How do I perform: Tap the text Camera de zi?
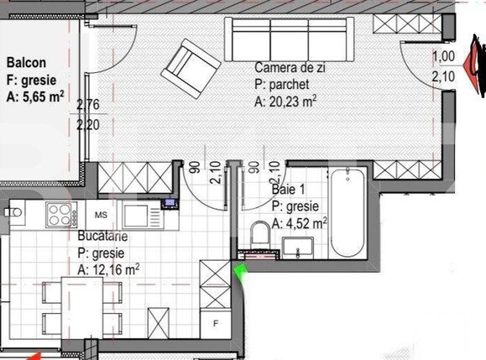tap(291, 66)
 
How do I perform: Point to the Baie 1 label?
tap(287, 190)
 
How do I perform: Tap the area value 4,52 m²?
tap(306, 223)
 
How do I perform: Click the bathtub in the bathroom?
tap(347, 214)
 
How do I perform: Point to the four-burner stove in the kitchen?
tap(60, 217)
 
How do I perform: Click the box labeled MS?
tap(100, 215)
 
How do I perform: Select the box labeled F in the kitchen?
tap(216, 322)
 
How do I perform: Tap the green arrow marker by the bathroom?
tap(241, 269)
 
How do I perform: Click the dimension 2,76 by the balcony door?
tap(87, 106)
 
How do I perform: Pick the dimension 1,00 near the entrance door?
tap(442, 57)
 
